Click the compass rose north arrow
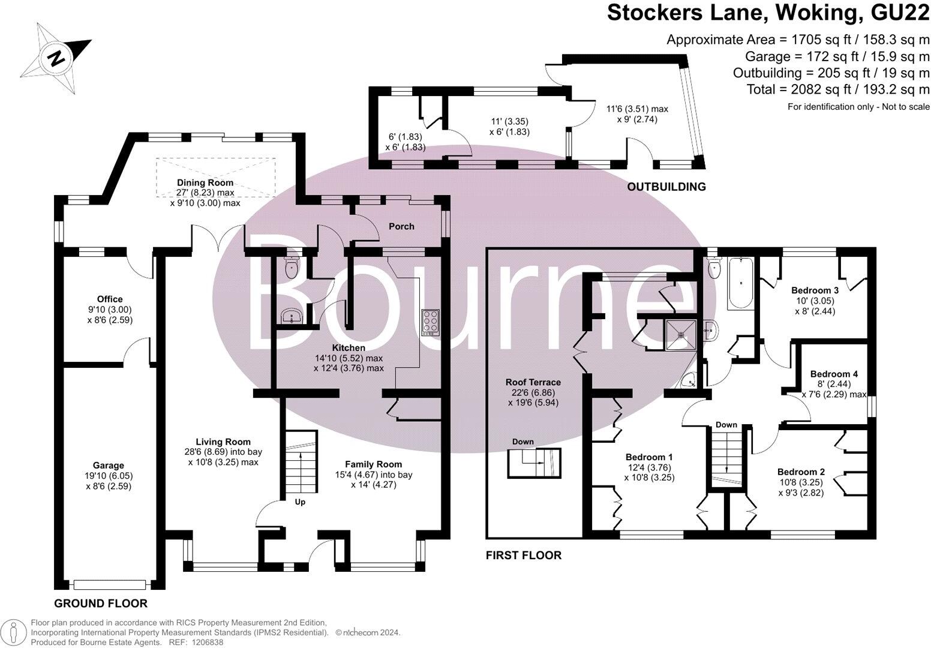(x=56, y=58)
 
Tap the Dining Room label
(x=205, y=182)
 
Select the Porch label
(x=401, y=227)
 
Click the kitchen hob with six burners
(x=431, y=322)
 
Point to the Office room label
(x=110, y=299)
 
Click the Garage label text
(x=109, y=466)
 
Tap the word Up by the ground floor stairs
(x=300, y=502)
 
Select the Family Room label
(x=373, y=464)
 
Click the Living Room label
(x=223, y=442)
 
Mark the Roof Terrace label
(x=533, y=382)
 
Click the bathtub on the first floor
(x=741, y=283)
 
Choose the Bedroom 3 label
(x=815, y=290)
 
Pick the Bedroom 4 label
(x=834, y=374)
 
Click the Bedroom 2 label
(x=801, y=472)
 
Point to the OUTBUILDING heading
(x=666, y=187)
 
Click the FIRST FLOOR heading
(x=524, y=556)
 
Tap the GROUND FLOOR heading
(x=101, y=604)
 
